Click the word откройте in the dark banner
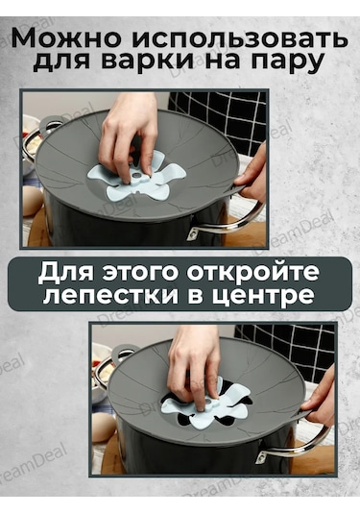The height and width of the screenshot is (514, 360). (254, 273)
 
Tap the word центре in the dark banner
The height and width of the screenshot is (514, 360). (260, 297)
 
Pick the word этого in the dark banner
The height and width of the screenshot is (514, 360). (141, 273)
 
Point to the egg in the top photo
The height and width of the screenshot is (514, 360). (32, 201)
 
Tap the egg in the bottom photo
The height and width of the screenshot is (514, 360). (102, 428)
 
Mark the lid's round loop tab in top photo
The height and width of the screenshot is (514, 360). (50, 123)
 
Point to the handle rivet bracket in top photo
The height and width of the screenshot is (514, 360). (194, 233)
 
